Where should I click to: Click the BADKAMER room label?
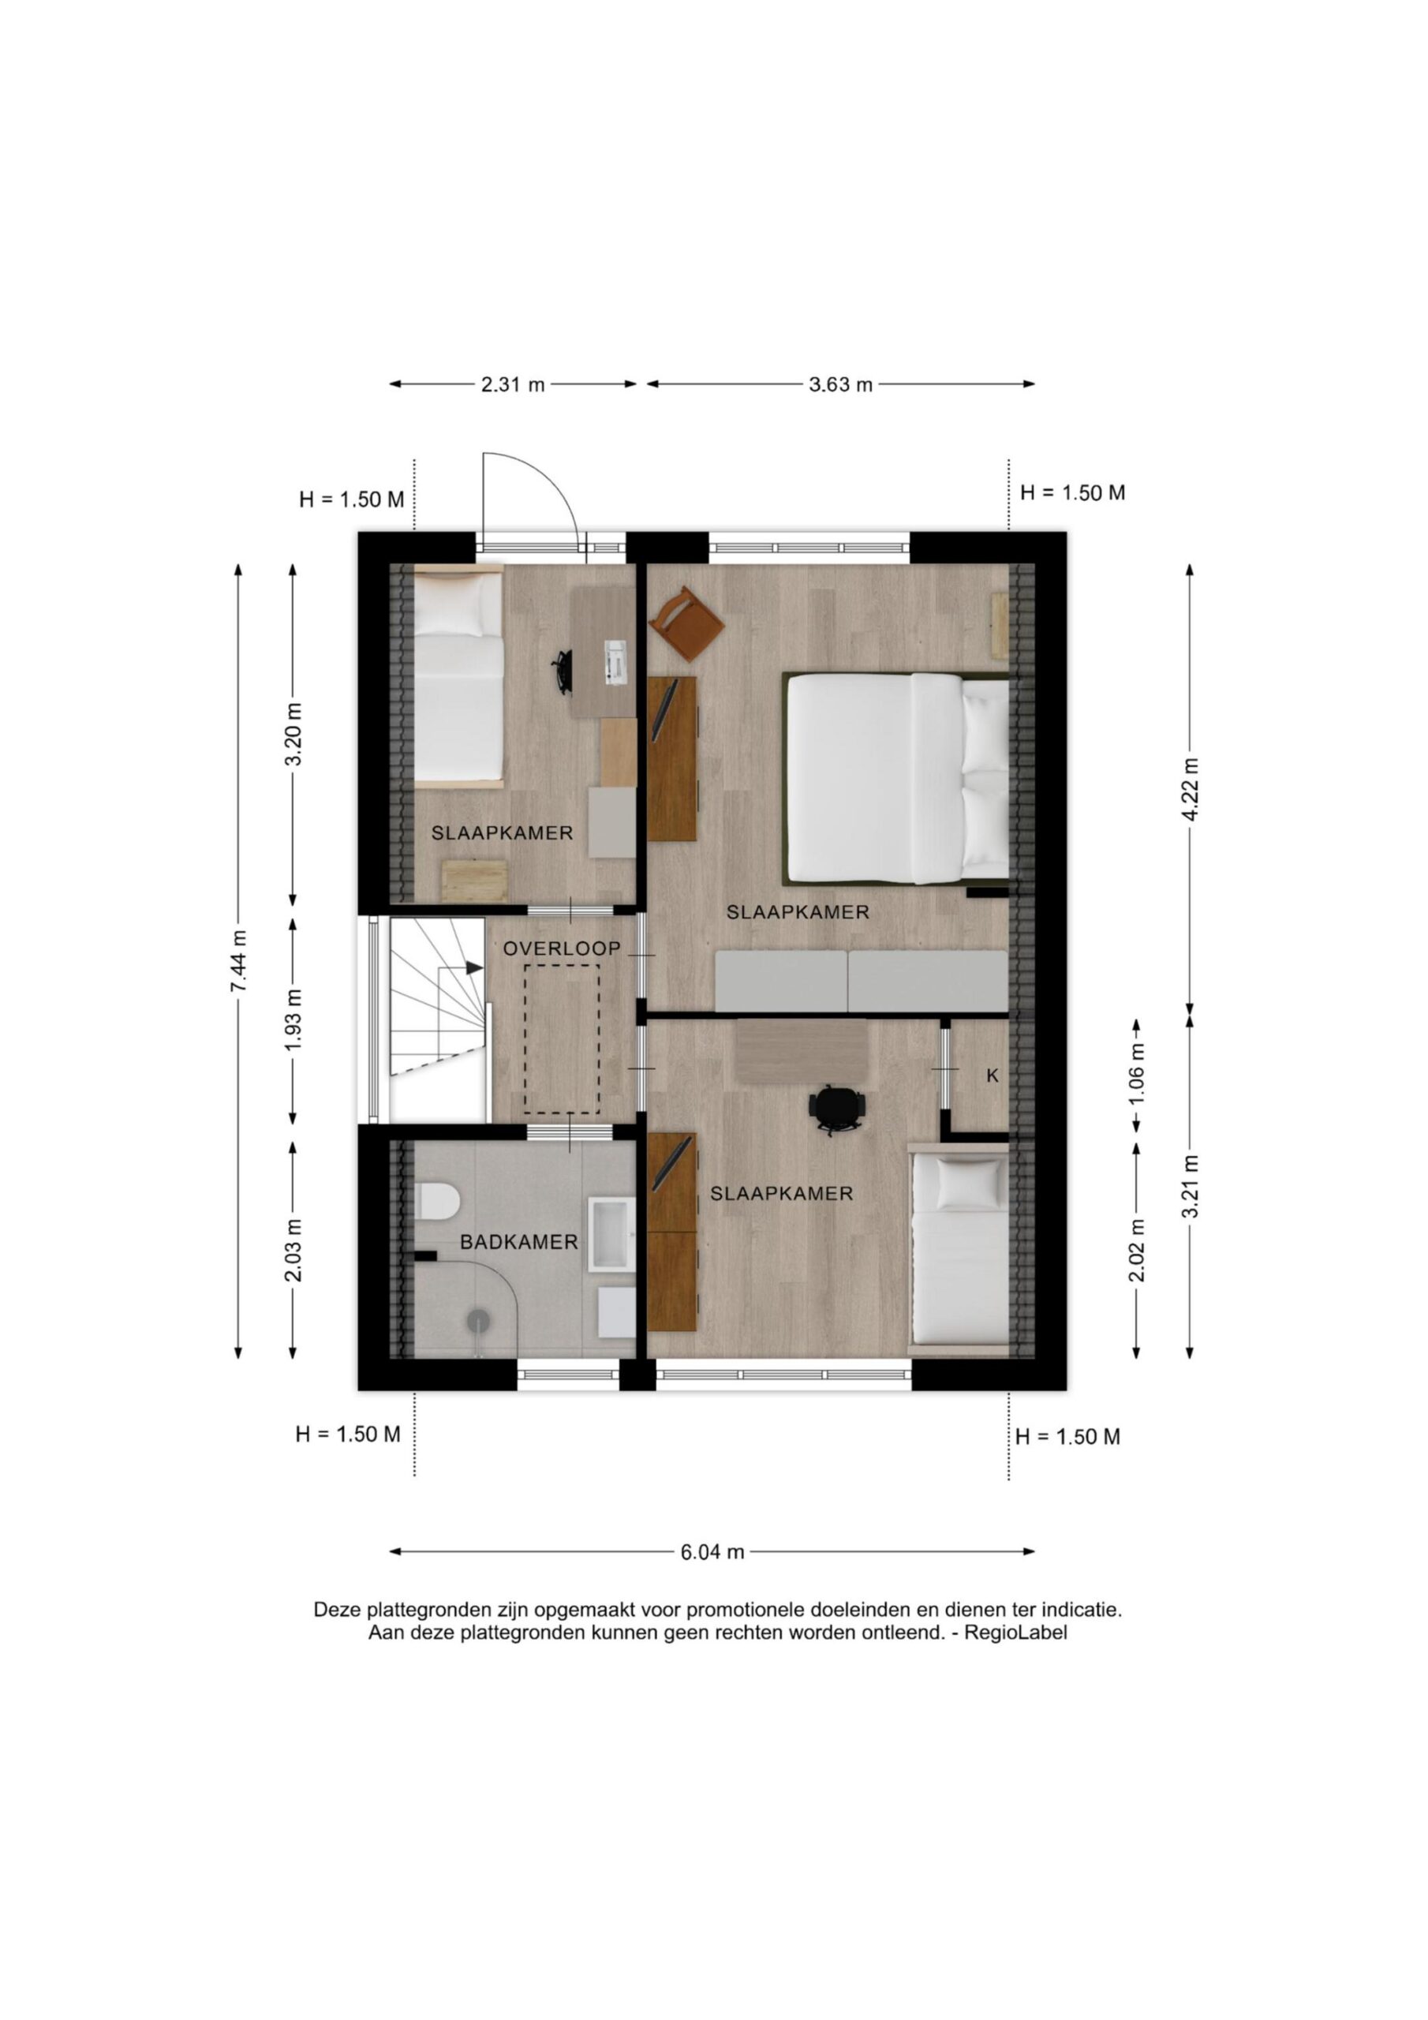[x=519, y=1242]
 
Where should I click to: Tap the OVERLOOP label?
[x=562, y=948]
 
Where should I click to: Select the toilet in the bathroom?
[x=437, y=1201]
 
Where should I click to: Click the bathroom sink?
[x=611, y=1233]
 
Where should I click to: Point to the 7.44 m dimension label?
[x=238, y=961]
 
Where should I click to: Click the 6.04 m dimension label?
[x=712, y=1552]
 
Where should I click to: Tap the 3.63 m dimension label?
[x=840, y=384]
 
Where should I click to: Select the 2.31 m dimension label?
[x=513, y=384]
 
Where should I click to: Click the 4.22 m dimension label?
[x=1190, y=789]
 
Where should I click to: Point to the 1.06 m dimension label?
[x=1137, y=1074]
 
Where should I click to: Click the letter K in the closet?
[x=992, y=1075]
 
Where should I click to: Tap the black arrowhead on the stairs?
[x=474, y=967]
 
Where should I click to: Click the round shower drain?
[x=478, y=1317]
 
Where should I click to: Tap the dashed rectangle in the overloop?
[x=562, y=1039]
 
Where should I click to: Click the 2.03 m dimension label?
[x=293, y=1249]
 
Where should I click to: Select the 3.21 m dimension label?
[x=1190, y=1187]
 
